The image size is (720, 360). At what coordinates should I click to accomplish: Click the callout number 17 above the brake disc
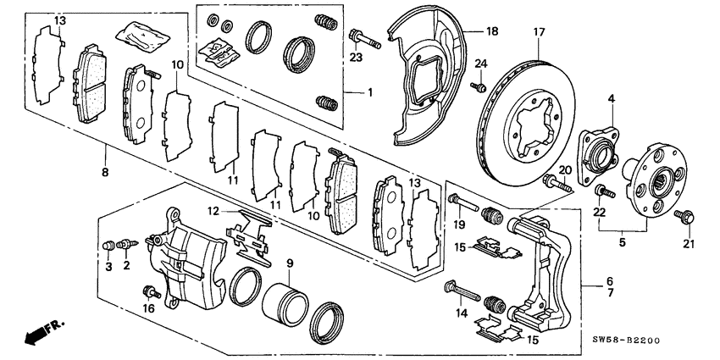537,34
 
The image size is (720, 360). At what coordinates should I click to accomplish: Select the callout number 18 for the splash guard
493,30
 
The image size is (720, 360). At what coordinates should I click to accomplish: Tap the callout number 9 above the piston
288,263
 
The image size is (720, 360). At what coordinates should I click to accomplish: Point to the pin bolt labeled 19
457,202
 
